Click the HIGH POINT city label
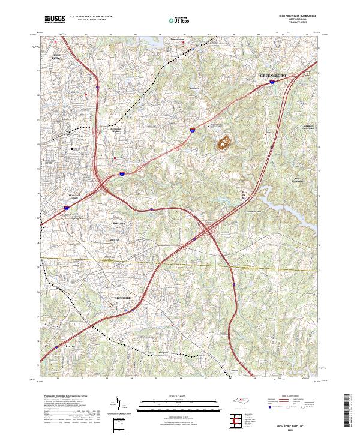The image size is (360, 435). [x=58, y=57]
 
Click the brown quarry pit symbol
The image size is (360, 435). [x=226, y=143]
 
